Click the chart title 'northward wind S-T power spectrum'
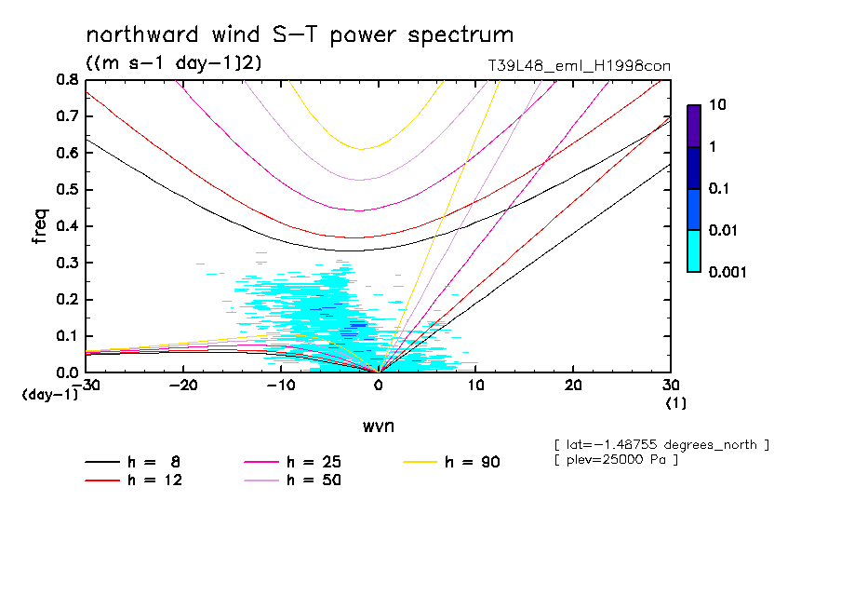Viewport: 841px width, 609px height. tap(300, 35)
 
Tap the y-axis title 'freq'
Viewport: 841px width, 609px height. tap(40, 225)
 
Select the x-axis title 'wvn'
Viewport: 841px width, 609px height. tap(378, 426)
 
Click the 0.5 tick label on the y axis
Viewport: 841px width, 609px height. tap(66, 190)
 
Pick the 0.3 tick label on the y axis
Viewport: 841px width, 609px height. tap(66, 263)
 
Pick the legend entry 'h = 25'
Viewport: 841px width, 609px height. tap(314, 462)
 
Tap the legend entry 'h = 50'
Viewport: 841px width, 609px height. tap(314, 480)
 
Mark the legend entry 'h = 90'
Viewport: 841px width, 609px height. tap(474, 462)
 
